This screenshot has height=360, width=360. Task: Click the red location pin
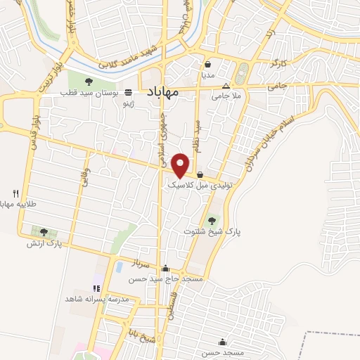click(181, 164)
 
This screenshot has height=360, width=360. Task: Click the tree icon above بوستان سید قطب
click(88, 83)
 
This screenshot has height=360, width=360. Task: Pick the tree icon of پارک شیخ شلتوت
click(212, 220)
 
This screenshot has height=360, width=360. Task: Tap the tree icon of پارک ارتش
click(44, 232)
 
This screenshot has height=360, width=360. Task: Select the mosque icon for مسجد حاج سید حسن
click(165, 268)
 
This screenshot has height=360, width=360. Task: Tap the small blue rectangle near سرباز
click(119, 267)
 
